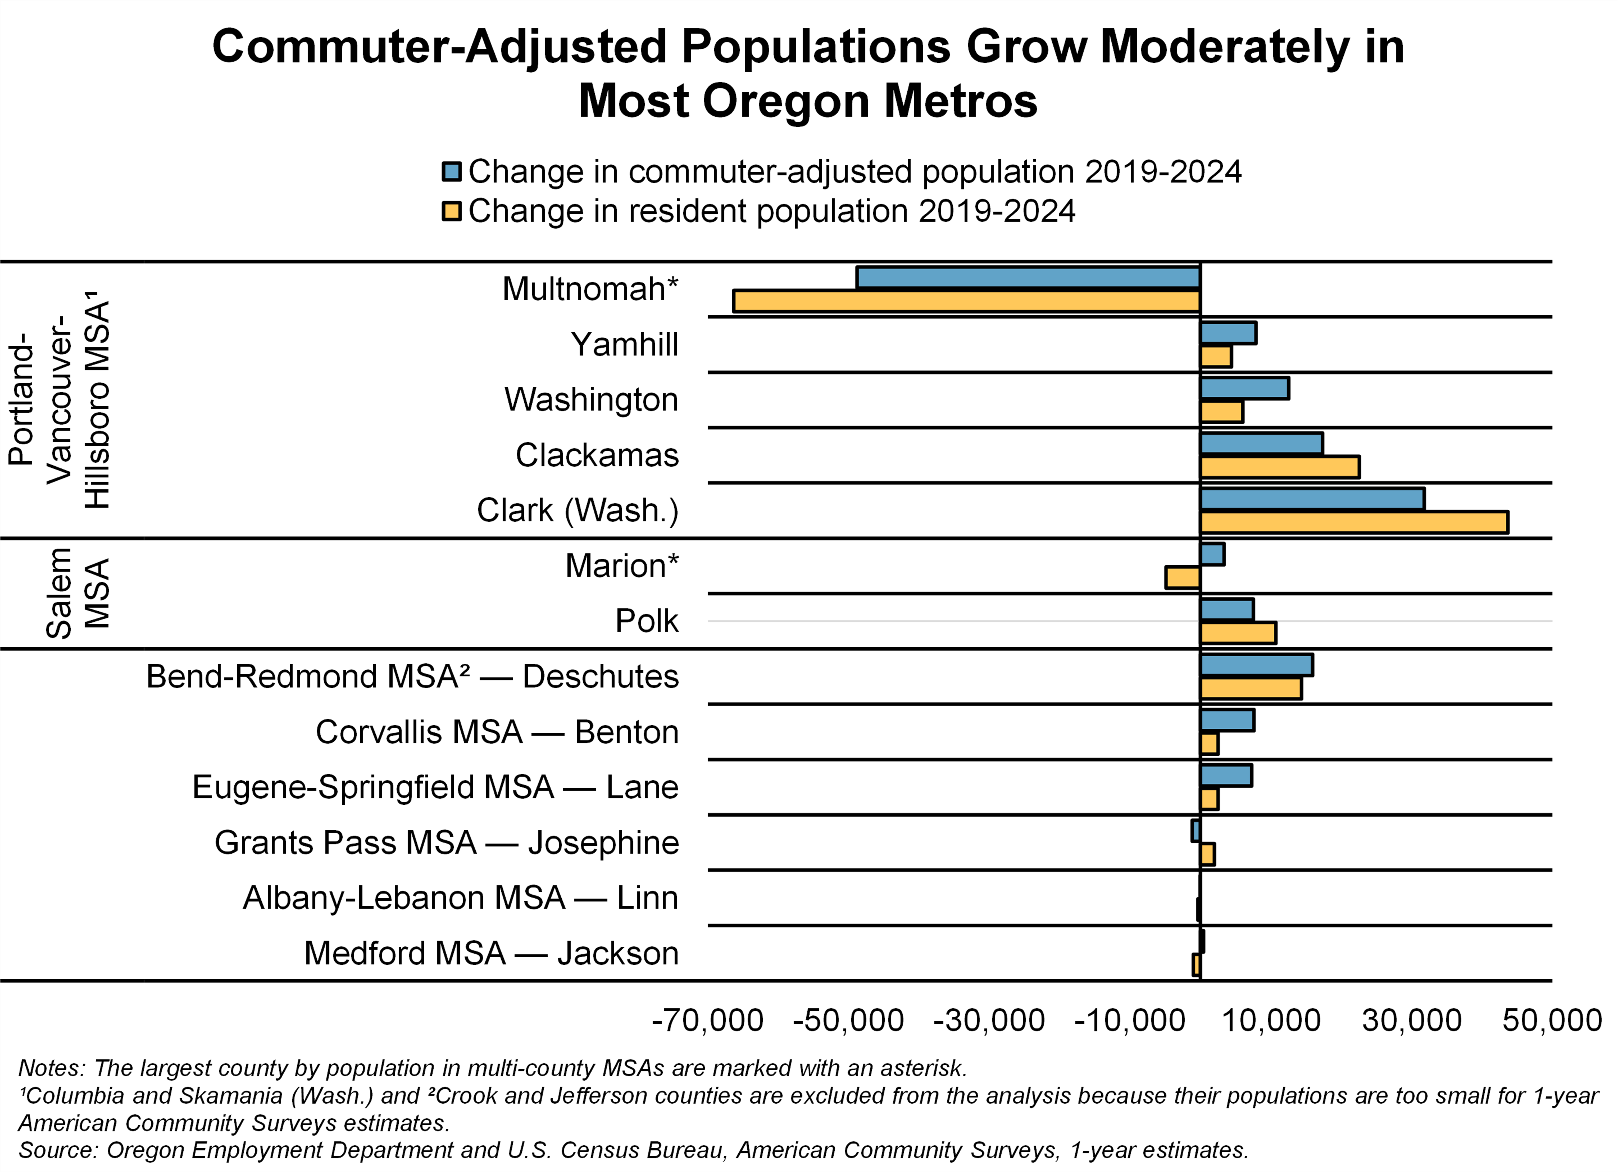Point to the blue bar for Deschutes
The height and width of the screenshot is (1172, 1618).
coord(1256,665)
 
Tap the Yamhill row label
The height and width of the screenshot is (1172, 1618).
coord(624,345)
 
